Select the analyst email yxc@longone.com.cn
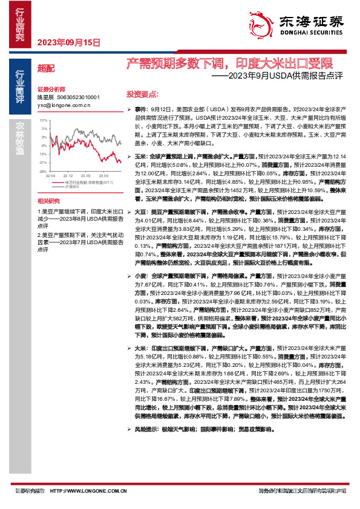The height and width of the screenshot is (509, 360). pos(64,105)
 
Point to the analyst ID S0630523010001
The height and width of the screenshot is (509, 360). pos(78,97)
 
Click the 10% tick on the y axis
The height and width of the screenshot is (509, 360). pos(44,120)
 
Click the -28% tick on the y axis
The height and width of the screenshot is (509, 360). pos(44,171)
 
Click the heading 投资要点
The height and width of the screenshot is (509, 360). pos(142,94)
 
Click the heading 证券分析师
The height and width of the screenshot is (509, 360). pos(51,88)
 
